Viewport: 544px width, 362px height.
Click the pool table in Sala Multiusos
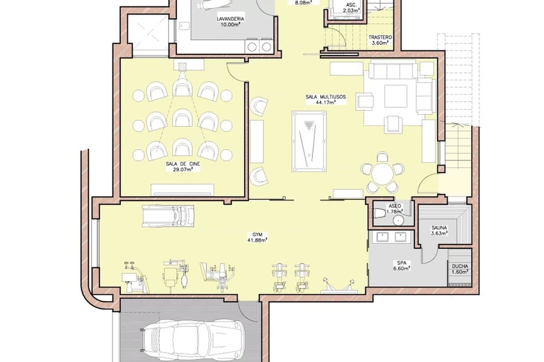[309, 141]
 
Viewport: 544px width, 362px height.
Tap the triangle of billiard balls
[309, 124]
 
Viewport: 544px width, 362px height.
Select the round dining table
[382, 174]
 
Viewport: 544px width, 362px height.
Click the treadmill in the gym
[168, 216]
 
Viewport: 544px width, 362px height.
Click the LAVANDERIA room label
[230, 19]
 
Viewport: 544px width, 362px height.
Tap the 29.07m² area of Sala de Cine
[183, 170]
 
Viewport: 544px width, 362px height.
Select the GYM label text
[257, 235]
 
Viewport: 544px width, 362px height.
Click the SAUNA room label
[439, 228]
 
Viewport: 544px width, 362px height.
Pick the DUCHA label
[460, 266]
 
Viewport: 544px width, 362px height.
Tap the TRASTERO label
[380, 38]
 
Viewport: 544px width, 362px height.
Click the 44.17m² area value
[325, 102]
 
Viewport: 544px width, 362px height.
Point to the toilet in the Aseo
[379, 214]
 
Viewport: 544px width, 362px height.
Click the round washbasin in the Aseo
[398, 221]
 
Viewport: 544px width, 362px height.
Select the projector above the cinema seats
[182, 66]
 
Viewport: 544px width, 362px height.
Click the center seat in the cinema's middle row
[182, 118]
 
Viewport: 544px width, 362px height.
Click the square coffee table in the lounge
[396, 96]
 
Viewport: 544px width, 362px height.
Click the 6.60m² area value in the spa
[402, 268]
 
